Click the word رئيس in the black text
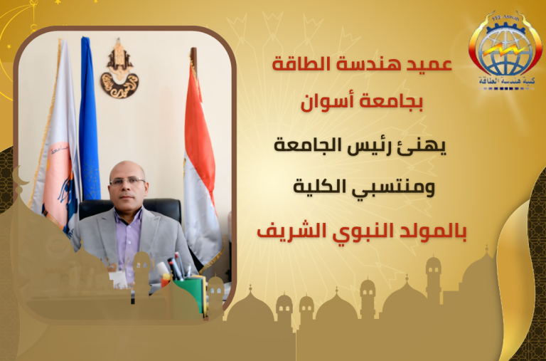(400, 146)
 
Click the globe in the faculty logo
(505, 51)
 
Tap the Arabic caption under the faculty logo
(507, 81)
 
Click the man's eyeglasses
(127, 181)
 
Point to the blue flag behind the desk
(89, 119)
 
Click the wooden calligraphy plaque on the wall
(119, 70)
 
